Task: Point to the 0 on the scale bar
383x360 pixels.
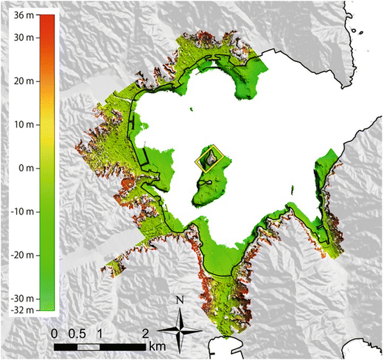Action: point(55,333)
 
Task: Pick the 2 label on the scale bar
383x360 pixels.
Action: point(144,333)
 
